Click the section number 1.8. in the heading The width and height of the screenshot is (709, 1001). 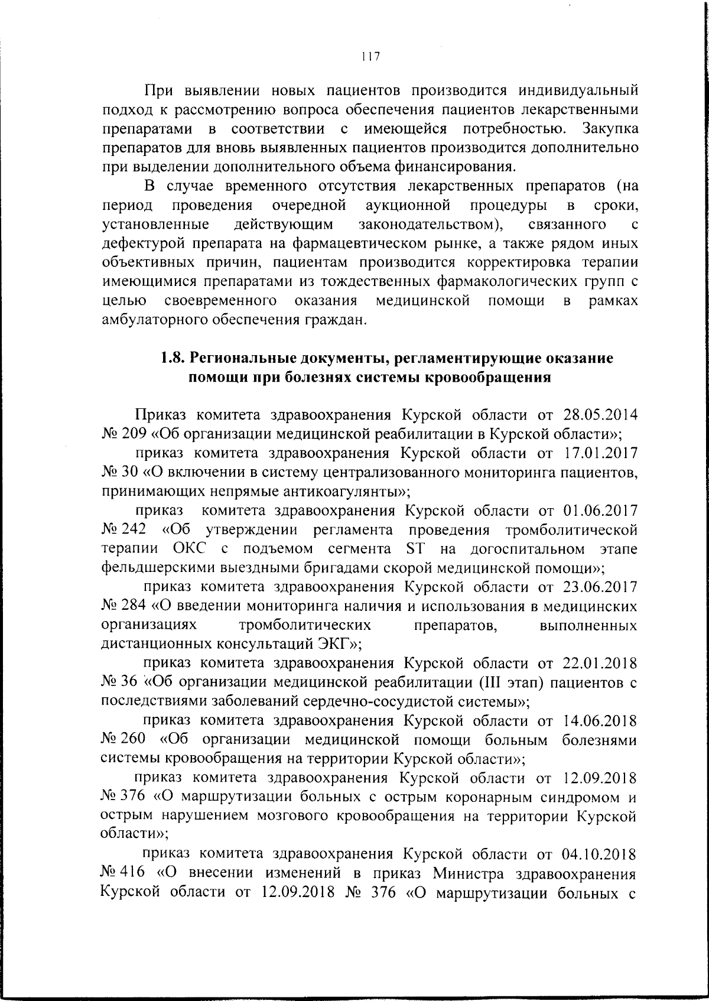[174, 358]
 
